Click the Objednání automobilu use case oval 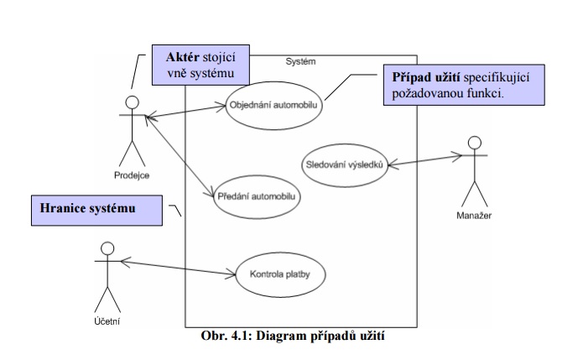coord(273,106)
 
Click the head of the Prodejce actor coord(131,102)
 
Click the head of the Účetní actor coord(106,249)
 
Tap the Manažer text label coord(474,216)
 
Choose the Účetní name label coord(107,322)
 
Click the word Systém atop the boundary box coord(300,60)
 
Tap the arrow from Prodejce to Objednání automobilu coord(185,111)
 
